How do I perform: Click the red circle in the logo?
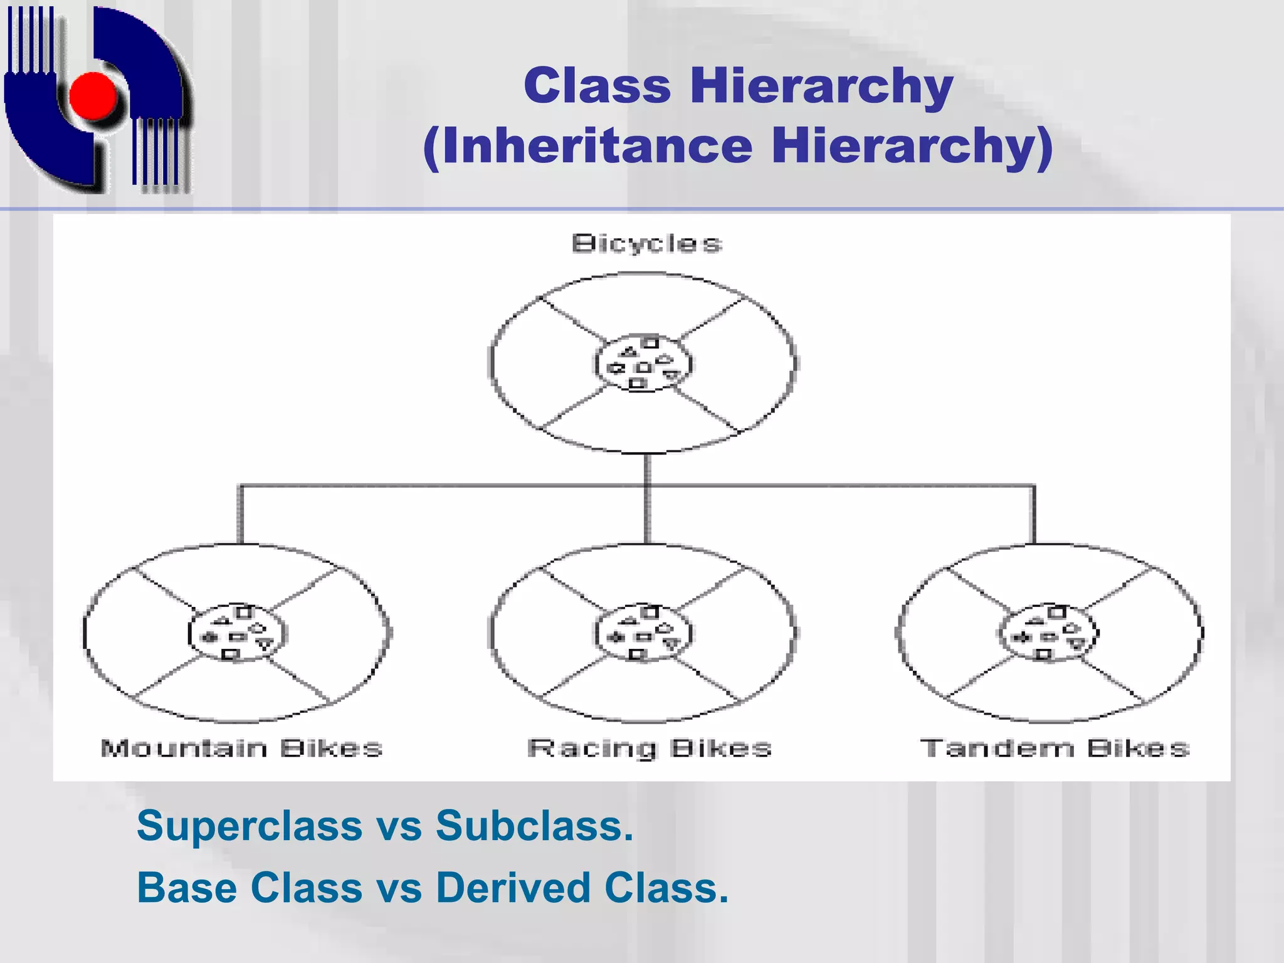pyautogui.click(x=93, y=96)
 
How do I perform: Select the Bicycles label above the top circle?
pyautogui.click(x=646, y=243)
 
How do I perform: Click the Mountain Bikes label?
pyautogui.click(x=241, y=748)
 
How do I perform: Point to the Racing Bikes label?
pyautogui.click(x=650, y=748)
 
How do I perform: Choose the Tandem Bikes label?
pyautogui.click(x=1055, y=748)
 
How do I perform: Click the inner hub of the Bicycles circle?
pyautogui.click(x=643, y=364)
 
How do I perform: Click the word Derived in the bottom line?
pyautogui.click(x=513, y=888)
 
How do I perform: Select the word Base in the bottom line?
pyautogui.click(x=187, y=888)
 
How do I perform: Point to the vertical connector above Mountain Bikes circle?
pyautogui.click(x=240, y=514)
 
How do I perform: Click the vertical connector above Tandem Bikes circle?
pyautogui.click(x=1034, y=514)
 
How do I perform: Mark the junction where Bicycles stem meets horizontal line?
pyautogui.click(x=647, y=485)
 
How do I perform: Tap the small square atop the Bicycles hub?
pyautogui.click(x=651, y=342)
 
